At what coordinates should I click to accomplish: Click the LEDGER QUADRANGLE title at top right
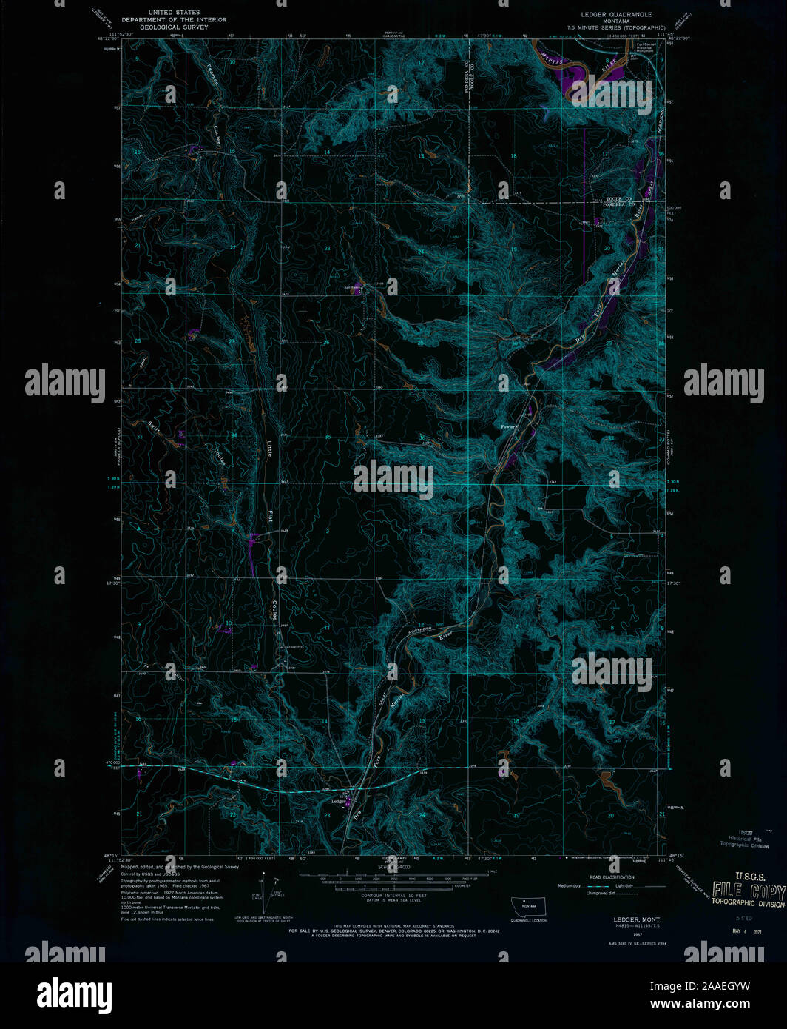[x=615, y=14]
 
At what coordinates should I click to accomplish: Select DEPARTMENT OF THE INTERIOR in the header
[x=173, y=20]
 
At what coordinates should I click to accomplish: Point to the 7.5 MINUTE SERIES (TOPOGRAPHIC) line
[x=615, y=27]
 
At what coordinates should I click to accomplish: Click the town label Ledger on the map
[x=339, y=801]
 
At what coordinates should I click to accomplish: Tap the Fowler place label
[x=507, y=427]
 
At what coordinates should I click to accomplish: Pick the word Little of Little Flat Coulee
[x=269, y=449]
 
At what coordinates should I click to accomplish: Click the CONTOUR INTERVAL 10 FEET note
[x=393, y=896]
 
